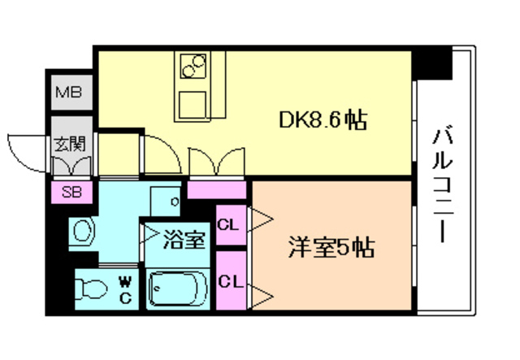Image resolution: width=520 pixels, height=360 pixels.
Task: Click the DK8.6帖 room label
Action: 323,122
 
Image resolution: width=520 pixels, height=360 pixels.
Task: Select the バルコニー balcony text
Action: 443,184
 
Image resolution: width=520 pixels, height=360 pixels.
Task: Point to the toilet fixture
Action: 89,288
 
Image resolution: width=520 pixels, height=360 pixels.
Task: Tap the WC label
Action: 125,288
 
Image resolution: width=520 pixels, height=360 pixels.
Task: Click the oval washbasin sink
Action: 82,232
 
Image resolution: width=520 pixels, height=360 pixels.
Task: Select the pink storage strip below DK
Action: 216,190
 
